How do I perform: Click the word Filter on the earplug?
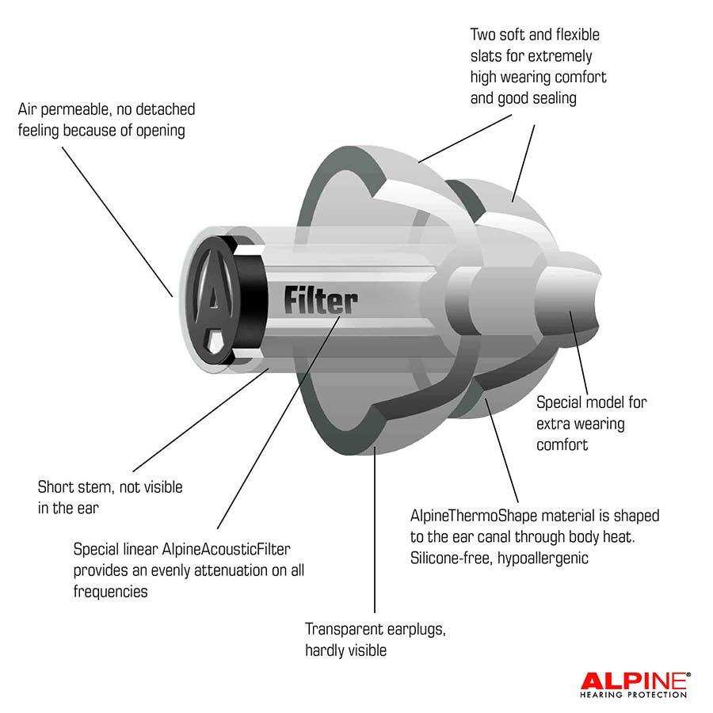(x=320, y=301)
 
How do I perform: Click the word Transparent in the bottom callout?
(x=344, y=629)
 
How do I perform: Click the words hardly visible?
(x=345, y=650)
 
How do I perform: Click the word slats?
(x=487, y=56)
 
